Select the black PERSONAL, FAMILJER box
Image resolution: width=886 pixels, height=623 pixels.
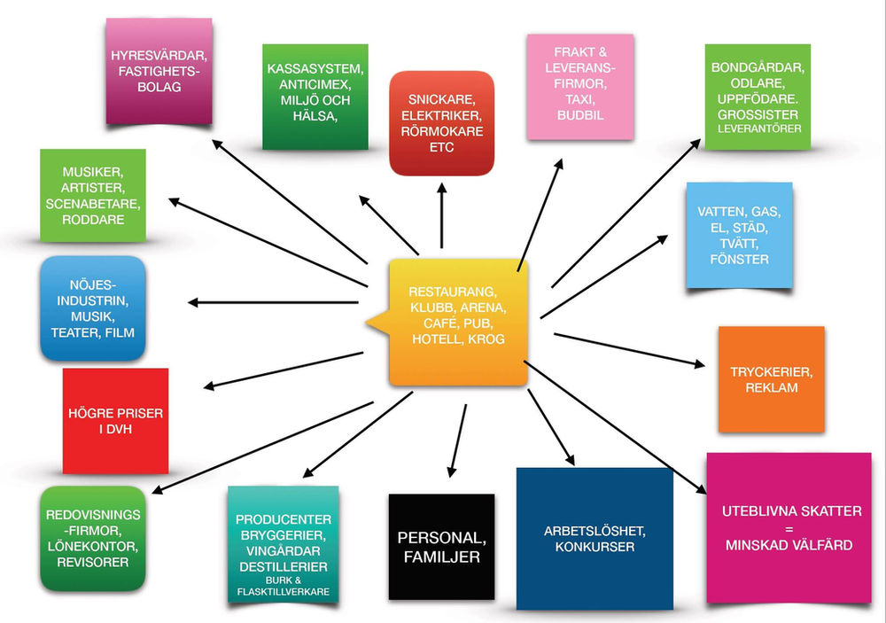click(x=441, y=547)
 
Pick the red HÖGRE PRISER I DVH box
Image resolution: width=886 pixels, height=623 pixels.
click(x=115, y=421)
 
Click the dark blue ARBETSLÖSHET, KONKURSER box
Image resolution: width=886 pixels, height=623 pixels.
click(x=595, y=539)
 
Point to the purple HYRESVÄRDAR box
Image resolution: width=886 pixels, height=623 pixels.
click(x=159, y=71)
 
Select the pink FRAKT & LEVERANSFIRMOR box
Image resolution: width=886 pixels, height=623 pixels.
click(x=580, y=86)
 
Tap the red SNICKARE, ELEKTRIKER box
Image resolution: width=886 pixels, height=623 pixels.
click(x=440, y=123)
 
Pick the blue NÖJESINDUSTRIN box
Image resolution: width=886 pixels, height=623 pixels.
click(x=92, y=308)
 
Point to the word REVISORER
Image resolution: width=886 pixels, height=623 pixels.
click(x=92, y=561)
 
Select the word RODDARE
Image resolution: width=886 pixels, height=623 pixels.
click(x=92, y=218)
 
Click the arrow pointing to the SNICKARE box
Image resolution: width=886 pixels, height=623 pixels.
click(x=440, y=213)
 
